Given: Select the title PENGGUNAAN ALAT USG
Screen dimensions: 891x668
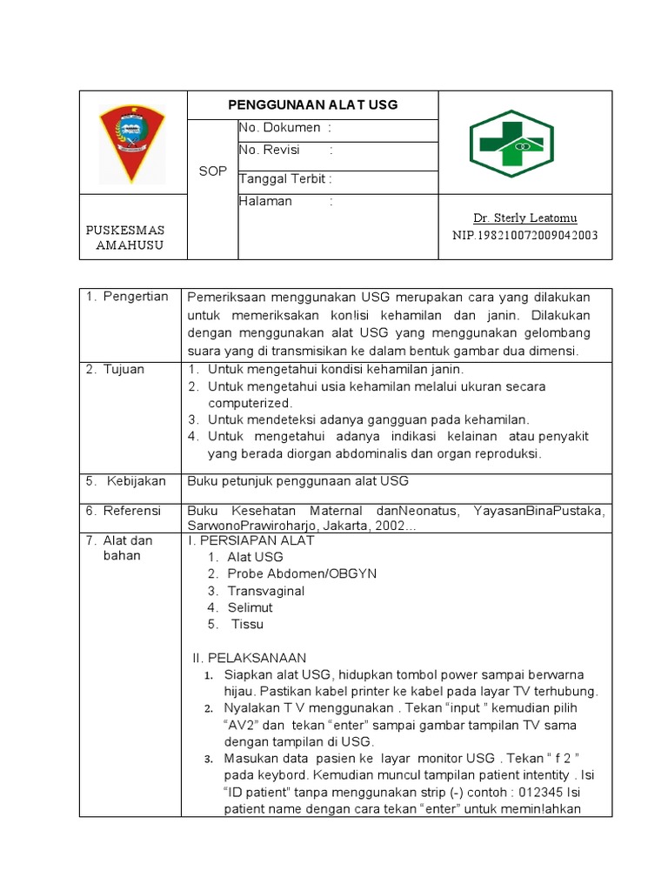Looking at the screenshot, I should coord(312,104).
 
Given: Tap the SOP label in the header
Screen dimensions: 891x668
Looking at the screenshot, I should coord(212,171).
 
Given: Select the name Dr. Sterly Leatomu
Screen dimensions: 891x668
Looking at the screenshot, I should coord(524,218).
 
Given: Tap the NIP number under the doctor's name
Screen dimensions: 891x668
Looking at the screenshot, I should coord(524,235).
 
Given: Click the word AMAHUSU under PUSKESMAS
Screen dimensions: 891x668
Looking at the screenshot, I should coord(129,245).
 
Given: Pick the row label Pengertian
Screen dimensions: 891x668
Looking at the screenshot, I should coord(136,297).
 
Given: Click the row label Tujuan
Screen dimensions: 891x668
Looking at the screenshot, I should coord(124,369).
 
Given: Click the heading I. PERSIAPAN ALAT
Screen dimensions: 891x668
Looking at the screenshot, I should coord(251,540).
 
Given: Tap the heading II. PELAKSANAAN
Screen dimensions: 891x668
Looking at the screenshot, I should coord(248,657).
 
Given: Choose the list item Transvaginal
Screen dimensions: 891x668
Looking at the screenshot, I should coord(266,591).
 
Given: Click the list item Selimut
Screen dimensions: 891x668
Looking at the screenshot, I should coord(250,607).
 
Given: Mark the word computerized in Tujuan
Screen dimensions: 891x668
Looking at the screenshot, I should coord(250,403).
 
